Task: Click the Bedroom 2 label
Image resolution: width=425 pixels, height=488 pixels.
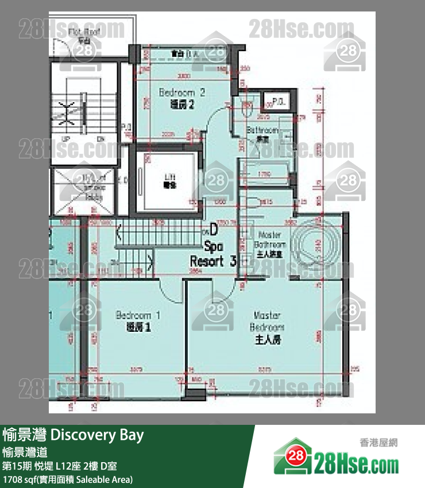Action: (182, 98)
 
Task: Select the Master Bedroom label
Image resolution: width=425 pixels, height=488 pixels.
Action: (267, 327)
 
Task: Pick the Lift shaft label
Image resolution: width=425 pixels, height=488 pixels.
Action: (170, 181)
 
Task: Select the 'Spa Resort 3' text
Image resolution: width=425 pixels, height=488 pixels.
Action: (212, 255)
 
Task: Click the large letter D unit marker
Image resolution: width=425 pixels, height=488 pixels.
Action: (212, 230)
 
